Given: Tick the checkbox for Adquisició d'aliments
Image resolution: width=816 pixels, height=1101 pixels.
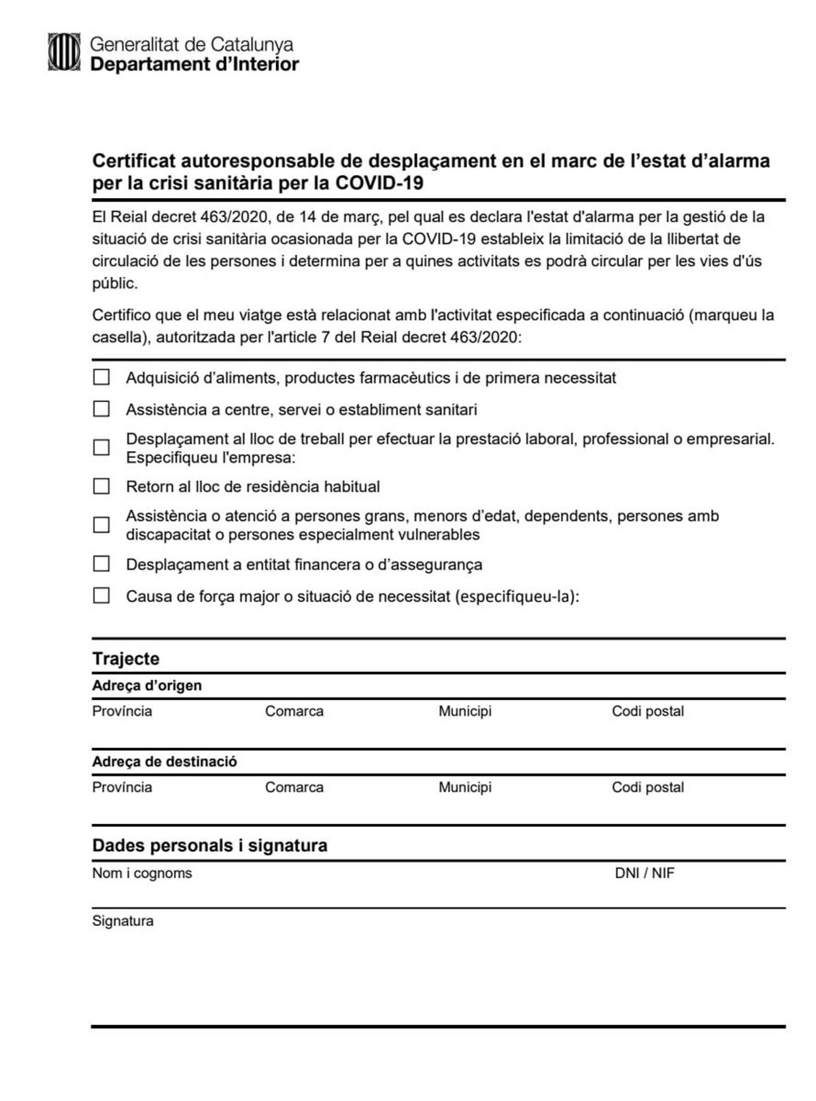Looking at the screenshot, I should tap(101, 377).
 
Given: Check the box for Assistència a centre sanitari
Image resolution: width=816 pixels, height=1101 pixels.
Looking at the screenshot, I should tap(101, 409).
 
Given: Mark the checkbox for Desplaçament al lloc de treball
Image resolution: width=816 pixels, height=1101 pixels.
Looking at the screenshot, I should tap(101, 447).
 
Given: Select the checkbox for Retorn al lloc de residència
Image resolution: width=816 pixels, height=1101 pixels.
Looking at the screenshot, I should tap(101, 486).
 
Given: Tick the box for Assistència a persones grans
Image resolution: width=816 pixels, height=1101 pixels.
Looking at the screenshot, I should tap(101, 525).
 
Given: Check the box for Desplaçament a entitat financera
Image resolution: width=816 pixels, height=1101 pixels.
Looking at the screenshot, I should tap(101, 563).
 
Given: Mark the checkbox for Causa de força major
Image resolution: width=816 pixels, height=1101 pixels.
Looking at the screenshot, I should tap(101, 596).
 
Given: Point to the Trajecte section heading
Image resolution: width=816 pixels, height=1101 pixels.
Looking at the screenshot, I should tap(126, 659).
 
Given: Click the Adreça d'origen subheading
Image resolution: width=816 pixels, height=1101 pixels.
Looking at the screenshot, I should tap(147, 685).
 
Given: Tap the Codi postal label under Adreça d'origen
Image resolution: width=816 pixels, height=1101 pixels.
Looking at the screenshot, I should tap(647, 711).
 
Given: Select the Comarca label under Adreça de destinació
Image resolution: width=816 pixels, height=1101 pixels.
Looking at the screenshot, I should tap(294, 787).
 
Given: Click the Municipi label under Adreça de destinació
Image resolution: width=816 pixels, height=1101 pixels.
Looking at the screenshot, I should tap(464, 787).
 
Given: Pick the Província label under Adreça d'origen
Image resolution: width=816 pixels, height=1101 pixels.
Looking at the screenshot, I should tap(122, 711).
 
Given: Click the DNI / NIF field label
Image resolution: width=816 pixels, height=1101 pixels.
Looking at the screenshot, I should tap(644, 873).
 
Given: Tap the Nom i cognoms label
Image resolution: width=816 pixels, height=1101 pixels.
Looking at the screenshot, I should tap(142, 873).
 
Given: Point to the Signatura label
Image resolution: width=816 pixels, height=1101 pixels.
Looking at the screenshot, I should tap(122, 921).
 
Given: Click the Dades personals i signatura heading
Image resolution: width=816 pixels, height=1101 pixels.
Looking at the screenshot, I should tap(209, 845).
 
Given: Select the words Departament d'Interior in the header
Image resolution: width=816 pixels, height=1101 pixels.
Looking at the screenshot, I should tap(194, 65).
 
